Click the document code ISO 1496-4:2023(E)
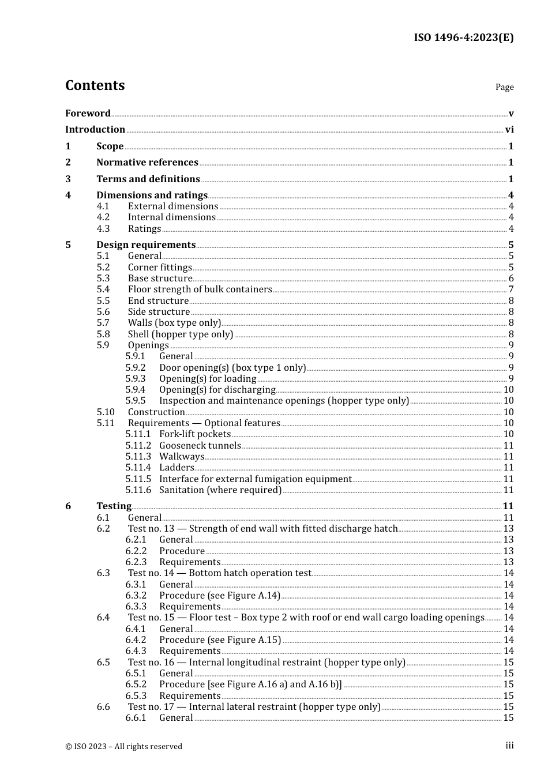pyautogui.click(x=463, y=37)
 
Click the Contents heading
pyautogui.click(x=95, y=85)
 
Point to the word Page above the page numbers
pyautogui.click(x=504, y=87)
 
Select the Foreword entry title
pyautogui.click(x=88, y=113)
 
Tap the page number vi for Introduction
pyautogui.click(x=509, y=130)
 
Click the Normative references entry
pyautogui.click(x=147, y=163)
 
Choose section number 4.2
pyautogui.click(x=103, y=217)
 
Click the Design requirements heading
pyautogui.click(x=146, y=245)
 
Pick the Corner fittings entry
pyautogui.click(x=160, y=268)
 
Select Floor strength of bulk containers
pyautogui.click(x=200, y=289)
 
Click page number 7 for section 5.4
pyautogui.click(x=511, y=289)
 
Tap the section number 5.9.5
pyautogui.click(x=136, y=401)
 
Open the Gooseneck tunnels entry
pyautogui.click(x=200, y=446)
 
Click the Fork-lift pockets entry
pyautogui.click(x=195, y=434)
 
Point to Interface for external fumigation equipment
pyautogui.click(x=255, y=479)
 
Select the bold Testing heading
pyautogui.click(x=114, y=506)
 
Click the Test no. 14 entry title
pyautogui.click(x=219, y=573)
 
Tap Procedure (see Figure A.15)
pyautogui.click(x=220, y=640)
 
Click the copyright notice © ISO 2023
pyautogui.click(x=123, y=746)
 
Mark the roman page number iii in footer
pyautogui.click(x=509, y=746)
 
